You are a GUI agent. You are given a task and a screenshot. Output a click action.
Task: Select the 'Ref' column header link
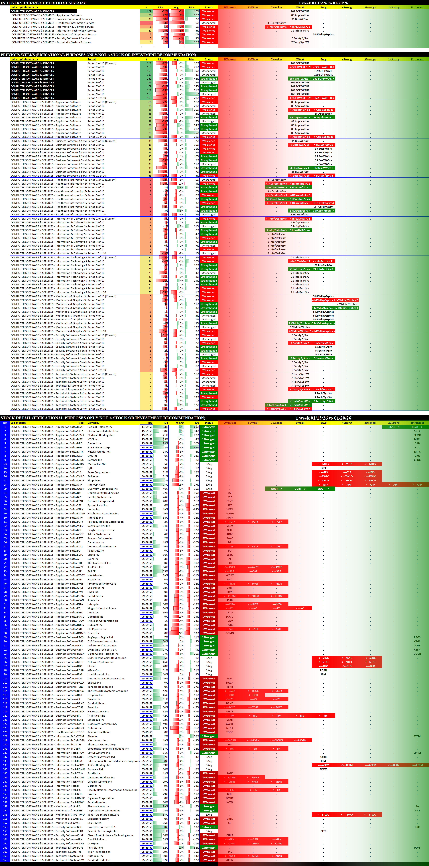(5, 423)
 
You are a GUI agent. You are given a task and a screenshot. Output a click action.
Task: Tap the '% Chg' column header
(180, 423)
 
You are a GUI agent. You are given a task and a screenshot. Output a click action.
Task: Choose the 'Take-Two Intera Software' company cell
(103, 815)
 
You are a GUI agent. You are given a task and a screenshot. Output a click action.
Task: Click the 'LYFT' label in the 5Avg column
(323, 468)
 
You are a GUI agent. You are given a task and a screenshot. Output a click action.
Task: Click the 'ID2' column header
(166, 423)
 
